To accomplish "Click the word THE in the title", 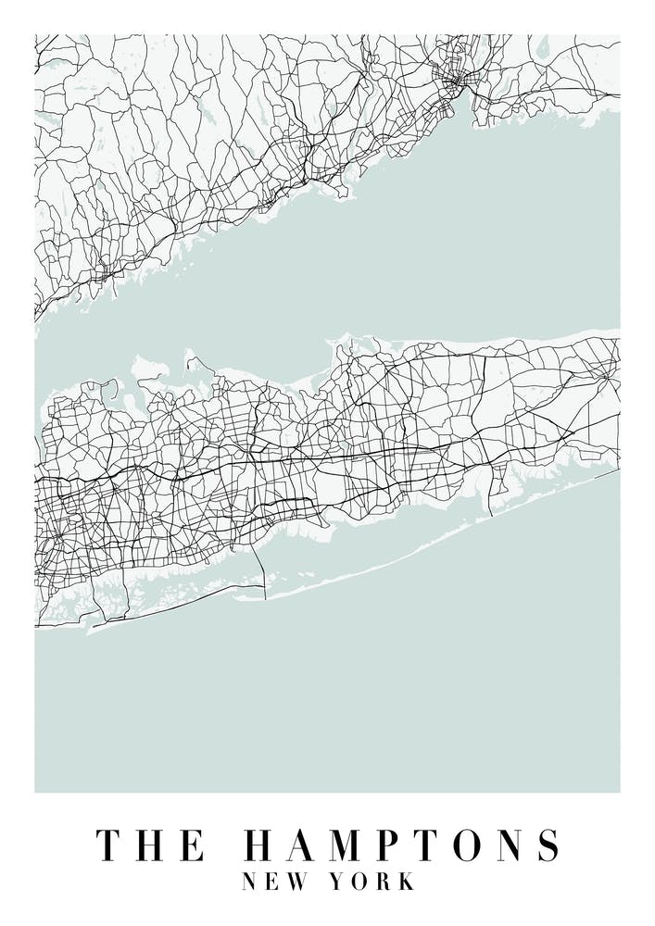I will tap(151, 846).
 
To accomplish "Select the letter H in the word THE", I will tap(151, 846).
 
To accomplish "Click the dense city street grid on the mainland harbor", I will tap(456, 83).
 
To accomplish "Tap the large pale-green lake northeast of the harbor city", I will tap(543, 46).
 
